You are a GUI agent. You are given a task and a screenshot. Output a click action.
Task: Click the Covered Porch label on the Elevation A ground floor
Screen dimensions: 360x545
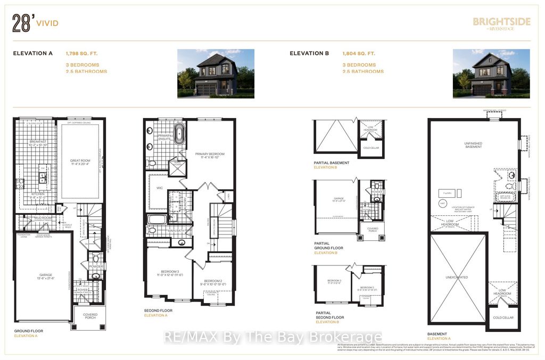[89, 316]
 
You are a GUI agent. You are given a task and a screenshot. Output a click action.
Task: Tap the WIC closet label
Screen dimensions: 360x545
[159, 187]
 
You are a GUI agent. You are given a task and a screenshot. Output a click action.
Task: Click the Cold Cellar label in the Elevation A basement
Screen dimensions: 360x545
[502, 318]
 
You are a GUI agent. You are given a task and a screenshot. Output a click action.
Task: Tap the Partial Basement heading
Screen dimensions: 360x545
[332, 163]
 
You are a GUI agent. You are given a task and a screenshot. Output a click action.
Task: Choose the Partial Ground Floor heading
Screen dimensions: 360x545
[328, 246]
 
